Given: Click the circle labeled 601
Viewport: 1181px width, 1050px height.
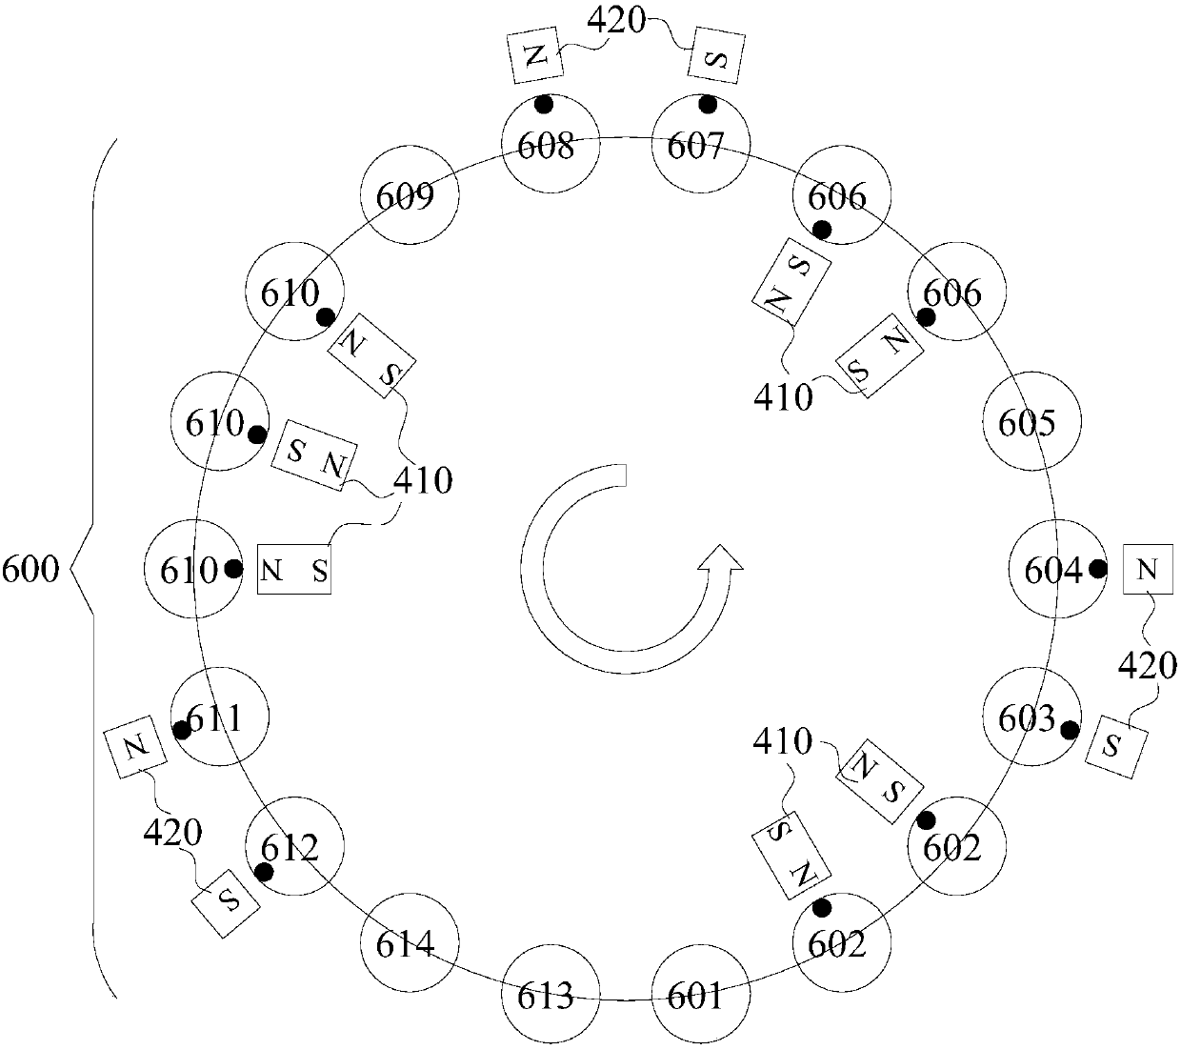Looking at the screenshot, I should pos(697,997).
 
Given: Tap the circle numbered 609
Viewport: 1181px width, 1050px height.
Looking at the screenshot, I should pos(410,196).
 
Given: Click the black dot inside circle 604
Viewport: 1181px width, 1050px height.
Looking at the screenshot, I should pos(1098,570).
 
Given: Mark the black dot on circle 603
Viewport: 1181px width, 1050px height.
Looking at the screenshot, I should pos(1071,731).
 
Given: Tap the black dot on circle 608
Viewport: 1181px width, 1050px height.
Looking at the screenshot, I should pos(544,103).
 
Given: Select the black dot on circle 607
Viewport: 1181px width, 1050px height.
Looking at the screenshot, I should pos(707,103).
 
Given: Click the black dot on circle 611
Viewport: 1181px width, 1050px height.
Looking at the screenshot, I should pos(180,730).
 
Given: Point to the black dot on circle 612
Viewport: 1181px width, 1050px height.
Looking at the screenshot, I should pos(264,871).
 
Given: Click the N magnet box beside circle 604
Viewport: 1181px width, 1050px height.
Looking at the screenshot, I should pos(1148,570).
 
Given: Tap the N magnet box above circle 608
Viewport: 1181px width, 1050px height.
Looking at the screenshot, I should pos(535,55).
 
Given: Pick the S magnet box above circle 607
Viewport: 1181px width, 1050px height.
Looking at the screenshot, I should pos(717,57).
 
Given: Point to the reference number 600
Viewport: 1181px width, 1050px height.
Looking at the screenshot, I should pos(30,571).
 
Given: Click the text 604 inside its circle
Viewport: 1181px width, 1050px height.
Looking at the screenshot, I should pos(1052,571).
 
